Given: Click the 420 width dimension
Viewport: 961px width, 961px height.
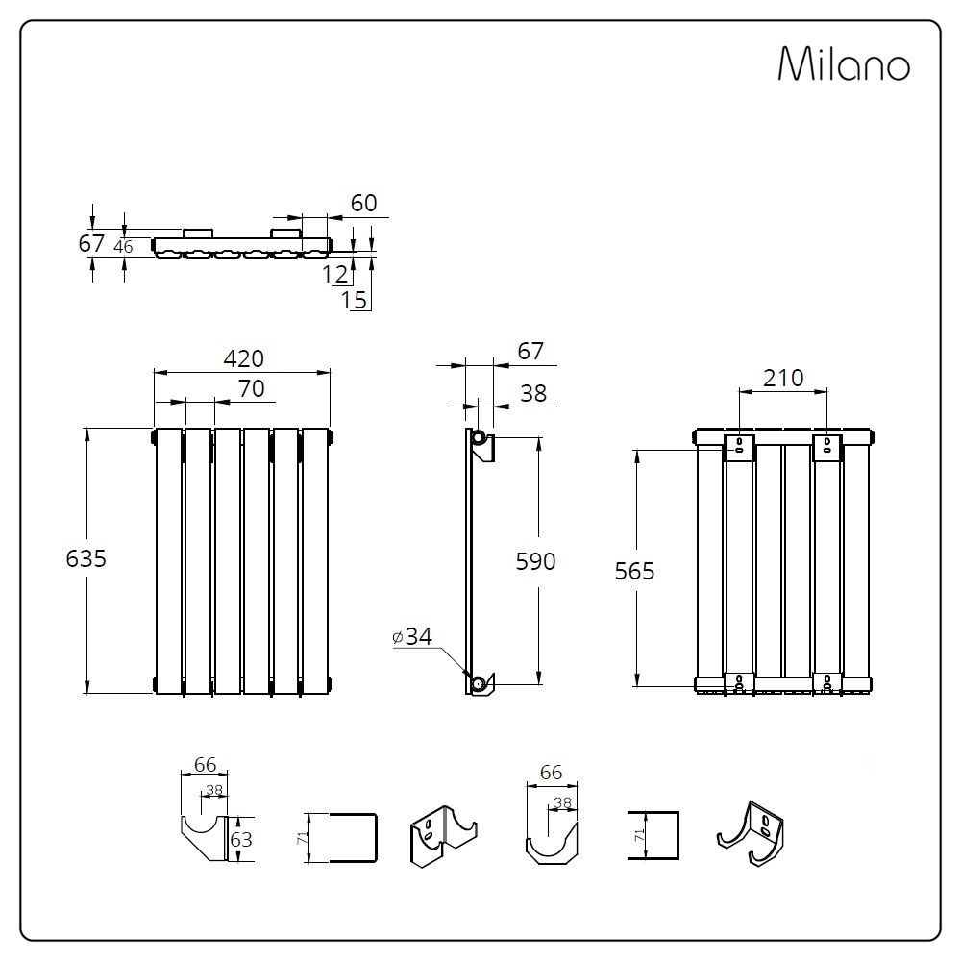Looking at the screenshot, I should point(243,358).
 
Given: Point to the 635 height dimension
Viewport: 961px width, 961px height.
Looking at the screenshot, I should point(86,558).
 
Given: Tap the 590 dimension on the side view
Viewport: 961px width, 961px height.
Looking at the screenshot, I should point(536,560).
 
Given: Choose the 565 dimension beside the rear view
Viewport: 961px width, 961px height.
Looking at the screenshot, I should point(635,571).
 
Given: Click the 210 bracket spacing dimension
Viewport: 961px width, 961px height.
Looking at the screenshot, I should point(783,378).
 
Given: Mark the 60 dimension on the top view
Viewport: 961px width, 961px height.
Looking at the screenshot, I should point(363,203).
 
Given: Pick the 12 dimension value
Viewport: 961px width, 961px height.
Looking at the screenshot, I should point(335,274).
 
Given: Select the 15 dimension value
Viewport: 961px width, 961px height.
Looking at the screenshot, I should point(354,299).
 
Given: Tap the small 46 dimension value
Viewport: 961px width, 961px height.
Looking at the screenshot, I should point(123,246).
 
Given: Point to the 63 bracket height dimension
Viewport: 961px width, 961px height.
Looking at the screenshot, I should point(241,839).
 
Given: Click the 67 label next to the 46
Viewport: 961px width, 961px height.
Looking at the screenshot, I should point(91,244).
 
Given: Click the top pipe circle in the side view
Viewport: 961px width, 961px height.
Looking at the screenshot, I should point(478,438).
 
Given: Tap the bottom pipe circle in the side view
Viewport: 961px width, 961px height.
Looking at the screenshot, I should point(477,683).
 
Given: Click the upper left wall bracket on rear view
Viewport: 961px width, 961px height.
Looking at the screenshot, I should point(739,447).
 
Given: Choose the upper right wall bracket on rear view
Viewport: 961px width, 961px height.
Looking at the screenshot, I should point(827,447).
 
